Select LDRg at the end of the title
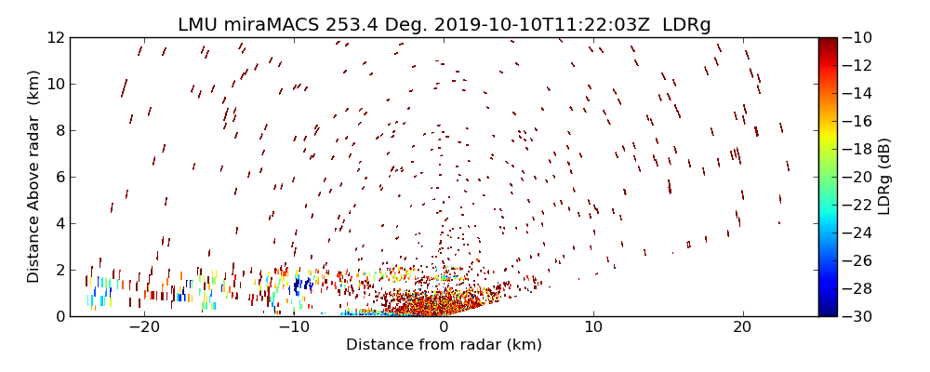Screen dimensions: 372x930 (x=686, y=24)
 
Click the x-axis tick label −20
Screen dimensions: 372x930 (x=144, y=328)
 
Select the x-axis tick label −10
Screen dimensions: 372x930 (x=294, y=328)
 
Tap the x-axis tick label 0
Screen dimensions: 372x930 (x=444, y=328)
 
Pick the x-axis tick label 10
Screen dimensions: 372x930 (x=593, y=328)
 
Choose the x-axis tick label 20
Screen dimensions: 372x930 (x=742, y=328)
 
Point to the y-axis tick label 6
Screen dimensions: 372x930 (x=59, y=178)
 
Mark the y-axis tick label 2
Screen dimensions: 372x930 (x=59, y=271)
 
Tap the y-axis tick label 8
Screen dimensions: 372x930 (x=59, y=131)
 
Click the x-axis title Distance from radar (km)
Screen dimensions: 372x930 (x=444, y=345)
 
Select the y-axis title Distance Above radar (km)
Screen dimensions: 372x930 (x=33, y=177)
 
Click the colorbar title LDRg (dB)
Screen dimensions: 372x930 (x=884, y=177)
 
